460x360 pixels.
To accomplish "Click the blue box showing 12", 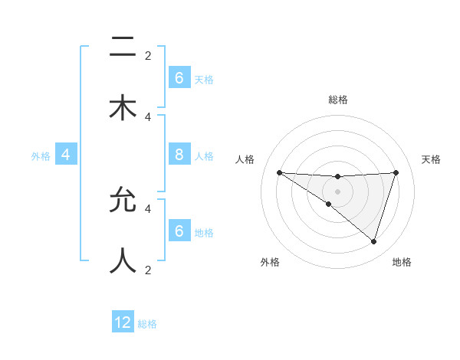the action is pos(123,322).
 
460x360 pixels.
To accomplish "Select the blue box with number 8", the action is pos(179,155).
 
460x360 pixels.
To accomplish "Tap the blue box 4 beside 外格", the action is pos(66,155).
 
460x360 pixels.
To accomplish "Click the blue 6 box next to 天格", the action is pos(179,78).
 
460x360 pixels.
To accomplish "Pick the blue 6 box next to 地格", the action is pos(179,231).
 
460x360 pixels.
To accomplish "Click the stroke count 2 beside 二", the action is pos(148,55).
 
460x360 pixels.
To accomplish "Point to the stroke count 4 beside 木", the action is pos(148,116).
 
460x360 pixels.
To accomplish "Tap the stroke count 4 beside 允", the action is pos(148,208).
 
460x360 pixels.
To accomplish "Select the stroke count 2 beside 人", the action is pos(148,270).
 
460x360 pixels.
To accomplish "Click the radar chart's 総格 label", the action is pos(338,100).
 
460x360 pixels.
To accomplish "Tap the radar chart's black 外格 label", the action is pos(270,262).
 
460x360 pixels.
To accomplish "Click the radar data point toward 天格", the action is pos(396,172).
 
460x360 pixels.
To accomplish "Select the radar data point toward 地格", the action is pos(373,241).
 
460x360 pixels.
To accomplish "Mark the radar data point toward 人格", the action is pos(279,172).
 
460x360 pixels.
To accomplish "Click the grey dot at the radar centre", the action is pos(338,191).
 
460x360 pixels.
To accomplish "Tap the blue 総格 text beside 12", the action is pos(147,324).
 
